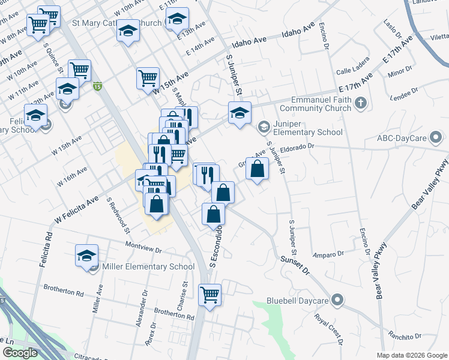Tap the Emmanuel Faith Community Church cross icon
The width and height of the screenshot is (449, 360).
point(360,103)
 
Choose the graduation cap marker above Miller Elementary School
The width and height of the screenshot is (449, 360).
point(87,255)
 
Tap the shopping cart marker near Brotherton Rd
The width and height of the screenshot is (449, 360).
point(210,294)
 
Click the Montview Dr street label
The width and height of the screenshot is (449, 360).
point(144,247)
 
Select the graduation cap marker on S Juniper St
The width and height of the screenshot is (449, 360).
point(240,112)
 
